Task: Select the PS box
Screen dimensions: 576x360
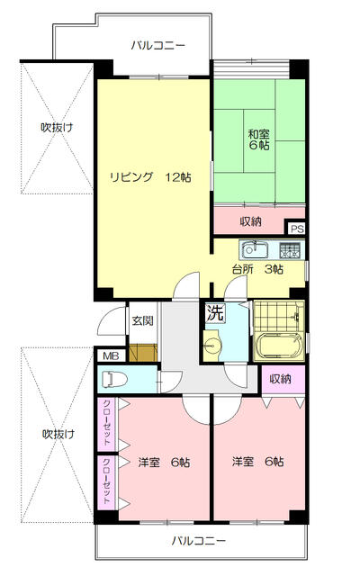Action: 295,229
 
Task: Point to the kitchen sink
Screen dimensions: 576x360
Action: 254,248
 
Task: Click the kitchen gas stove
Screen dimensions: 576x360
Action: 290,248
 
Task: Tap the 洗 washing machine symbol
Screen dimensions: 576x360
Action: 215,314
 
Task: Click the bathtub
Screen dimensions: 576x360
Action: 281,346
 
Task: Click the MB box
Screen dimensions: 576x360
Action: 111,355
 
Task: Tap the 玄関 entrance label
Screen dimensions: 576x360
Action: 142,320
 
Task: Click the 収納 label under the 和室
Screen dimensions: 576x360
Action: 250,221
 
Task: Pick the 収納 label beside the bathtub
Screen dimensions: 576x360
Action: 281,379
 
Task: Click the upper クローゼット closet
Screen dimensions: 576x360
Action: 107,422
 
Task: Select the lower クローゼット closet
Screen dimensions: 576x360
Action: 107,481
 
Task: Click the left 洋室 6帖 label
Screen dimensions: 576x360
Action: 164,463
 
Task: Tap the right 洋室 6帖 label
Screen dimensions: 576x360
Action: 258,463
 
